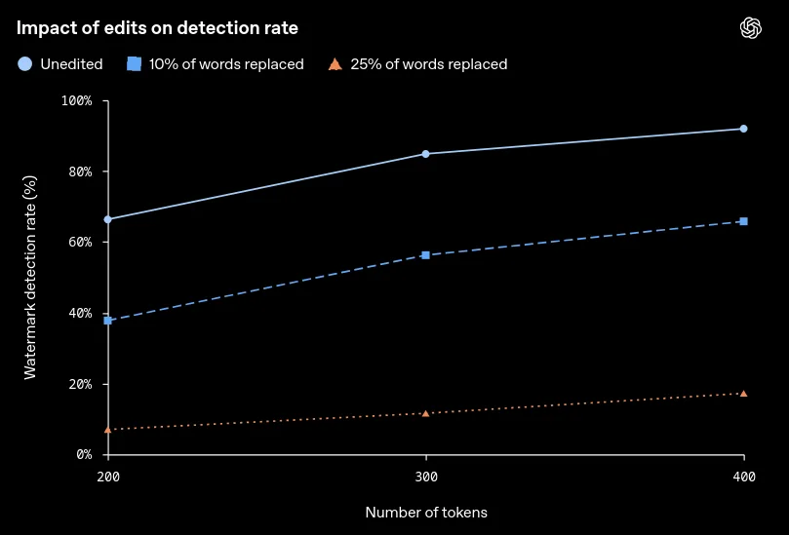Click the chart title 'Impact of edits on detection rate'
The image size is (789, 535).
(x=157, y=28)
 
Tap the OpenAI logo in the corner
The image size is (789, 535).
(x=751, y=27)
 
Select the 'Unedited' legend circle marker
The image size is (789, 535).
(x=24, y=64)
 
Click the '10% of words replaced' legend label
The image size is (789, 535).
(x=226, y=64)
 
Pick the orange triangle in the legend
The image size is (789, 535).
(x=335, y=64)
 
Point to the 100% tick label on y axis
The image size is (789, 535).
(x=77, y=100)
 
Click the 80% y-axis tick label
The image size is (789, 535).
(x=81, y=172)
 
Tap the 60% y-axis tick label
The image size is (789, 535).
(x=81, y=242)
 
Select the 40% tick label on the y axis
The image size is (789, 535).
(x=81, y=313)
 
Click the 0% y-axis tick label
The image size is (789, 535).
(x=85, y=454)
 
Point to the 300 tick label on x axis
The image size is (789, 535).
(x=426, y=477)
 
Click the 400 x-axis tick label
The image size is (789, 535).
(x=744, y=477)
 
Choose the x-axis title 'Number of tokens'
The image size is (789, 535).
(x=426, y=513)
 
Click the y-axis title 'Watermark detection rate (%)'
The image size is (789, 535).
(x=30, y=277)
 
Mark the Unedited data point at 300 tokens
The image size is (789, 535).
(x=425, y=154)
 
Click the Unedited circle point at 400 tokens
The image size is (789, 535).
(x=744, y=129)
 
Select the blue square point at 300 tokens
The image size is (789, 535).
(x=425, y=255)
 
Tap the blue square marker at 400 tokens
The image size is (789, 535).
(x=744, y=221)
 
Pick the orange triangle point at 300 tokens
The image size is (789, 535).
(x=425, y=413)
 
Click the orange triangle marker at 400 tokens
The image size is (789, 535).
(x=744, y=393)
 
